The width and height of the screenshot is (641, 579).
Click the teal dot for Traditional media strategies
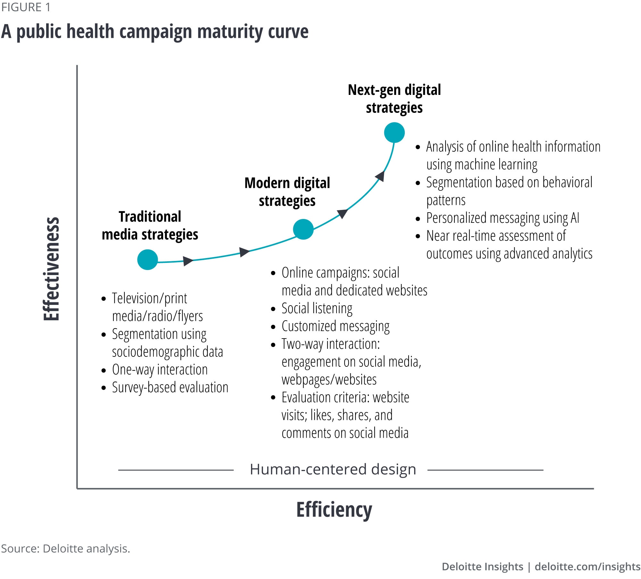click(147, 260)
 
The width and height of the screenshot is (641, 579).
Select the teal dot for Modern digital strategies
click(303, 229)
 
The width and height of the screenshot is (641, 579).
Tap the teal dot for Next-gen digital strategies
click(394, 132)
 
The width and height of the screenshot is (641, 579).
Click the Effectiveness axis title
click(51, 269)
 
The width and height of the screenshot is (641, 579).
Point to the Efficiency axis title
click(334, 510)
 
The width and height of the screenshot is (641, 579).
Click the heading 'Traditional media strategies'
click(150, 226)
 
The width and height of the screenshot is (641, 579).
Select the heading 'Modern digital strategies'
click(287, 192)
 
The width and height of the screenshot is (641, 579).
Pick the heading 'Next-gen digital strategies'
click(394, 99)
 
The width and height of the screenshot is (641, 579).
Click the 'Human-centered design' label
click(333, 469)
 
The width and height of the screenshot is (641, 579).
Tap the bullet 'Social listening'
click(317, 308)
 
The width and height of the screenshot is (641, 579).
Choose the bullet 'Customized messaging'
click(335, 326)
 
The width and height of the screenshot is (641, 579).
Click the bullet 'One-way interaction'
click(160, 370)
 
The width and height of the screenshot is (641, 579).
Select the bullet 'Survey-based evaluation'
click(170, 388)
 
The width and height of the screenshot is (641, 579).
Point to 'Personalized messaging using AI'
click(502, 218)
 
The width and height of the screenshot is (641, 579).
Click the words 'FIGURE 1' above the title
click(26, 7)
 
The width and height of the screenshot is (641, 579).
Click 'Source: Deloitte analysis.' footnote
click(65, 549)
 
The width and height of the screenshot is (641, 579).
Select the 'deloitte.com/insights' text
click(587, 566)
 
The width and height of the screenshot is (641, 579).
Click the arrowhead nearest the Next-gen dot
click(380, 176)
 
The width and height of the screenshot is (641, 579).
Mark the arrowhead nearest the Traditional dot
click(188, 261)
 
